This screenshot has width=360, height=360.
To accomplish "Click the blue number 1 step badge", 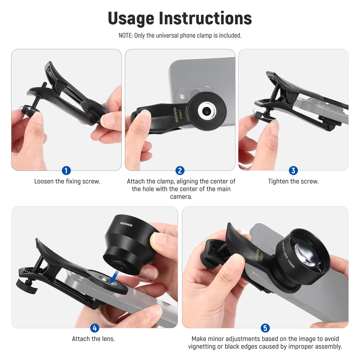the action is point(66,170).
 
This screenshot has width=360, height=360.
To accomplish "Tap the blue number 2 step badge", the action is point(180,170).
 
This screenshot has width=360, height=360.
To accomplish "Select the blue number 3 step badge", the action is point(293,170).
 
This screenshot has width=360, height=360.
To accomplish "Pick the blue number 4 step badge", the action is point(94,328).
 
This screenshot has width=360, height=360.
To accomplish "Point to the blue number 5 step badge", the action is point(265,328).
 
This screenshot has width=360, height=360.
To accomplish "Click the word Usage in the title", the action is point(131,19).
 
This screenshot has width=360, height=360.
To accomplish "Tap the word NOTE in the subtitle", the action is point(125,35).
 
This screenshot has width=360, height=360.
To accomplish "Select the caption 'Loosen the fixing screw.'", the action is point(67,181).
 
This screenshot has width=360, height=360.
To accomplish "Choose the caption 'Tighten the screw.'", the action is point(293,181).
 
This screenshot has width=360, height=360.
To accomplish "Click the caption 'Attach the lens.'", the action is point(93,339).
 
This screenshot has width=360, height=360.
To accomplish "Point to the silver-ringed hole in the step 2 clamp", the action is point(207,111).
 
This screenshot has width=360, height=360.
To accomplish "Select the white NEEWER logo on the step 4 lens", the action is point(126,224).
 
